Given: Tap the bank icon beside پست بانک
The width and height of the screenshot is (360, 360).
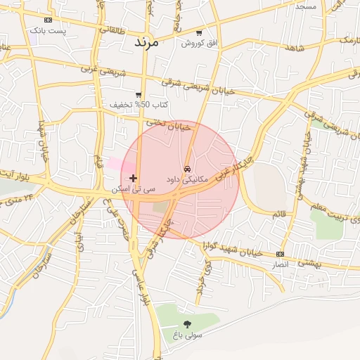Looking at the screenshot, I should tap(47, 20).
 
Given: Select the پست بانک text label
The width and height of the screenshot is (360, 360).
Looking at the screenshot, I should tap(48, 31).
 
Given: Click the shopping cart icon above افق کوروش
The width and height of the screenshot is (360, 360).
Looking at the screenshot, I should tap(199, 33).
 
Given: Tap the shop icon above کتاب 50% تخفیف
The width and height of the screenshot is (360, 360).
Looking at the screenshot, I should tap(139, 94).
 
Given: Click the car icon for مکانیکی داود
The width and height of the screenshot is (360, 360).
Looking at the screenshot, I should tap(186, 169).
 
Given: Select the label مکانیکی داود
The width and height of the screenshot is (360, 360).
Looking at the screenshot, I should tap(186, 180).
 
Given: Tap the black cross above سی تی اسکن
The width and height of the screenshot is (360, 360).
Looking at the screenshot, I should tap(133, 179).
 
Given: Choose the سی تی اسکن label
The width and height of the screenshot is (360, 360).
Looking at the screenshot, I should tap(133, 190).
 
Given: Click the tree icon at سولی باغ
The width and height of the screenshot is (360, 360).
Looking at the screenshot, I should tap(187, 324).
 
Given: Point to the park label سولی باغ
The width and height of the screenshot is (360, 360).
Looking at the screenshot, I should tap(186, 335).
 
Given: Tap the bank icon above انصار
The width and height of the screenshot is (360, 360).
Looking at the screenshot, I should tap(281, 254).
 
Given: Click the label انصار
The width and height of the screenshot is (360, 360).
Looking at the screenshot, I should tap(281, 265).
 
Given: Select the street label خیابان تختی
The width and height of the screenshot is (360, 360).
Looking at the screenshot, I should tap(169, 126).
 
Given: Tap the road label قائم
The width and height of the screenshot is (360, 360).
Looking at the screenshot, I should tap(279, 212).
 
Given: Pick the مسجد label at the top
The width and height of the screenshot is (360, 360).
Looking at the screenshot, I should tap(306, 6).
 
